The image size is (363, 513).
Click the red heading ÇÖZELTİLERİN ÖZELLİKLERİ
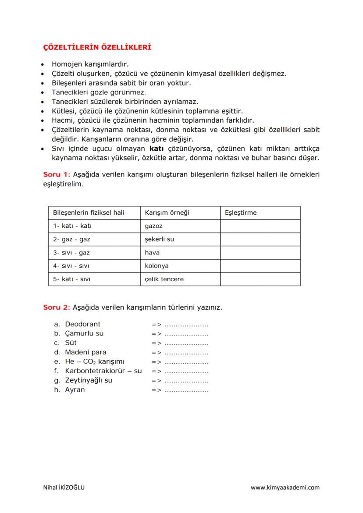pos(96,46)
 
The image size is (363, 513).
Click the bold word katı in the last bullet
pos(157,149)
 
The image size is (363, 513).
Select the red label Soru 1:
pos(57,174)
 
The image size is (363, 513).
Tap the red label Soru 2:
pos(57,308)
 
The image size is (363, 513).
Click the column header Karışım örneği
pos(167,213)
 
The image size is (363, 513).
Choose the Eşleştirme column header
pos(240,213)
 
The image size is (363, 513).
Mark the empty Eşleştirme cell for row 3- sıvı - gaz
pos(260,253)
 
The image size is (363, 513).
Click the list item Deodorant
pos(82,324)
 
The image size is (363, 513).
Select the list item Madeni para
pos(85,352)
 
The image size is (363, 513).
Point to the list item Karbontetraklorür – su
pos(103,371)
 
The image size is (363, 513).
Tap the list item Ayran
pos(75,390)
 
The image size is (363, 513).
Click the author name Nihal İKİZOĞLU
pos(64,488)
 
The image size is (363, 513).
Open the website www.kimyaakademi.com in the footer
pos(285,488)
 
